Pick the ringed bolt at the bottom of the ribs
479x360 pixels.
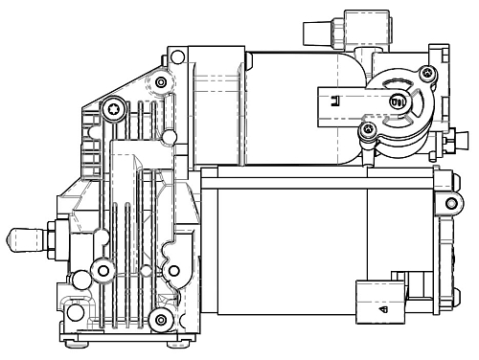(160, 318)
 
